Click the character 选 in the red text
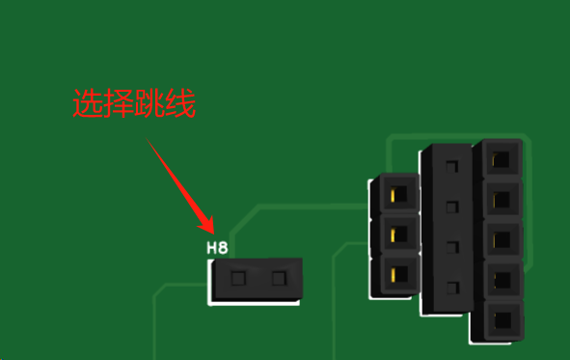click(x=87, y=103)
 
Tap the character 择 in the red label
click(x=118, y=103)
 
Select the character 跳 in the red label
click(x=149, y=103)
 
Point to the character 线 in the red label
click(x=180, y=103)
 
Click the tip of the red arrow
click(x=213, y=234)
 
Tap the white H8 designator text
click(x=217, y=248)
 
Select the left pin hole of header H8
click(x=238, y=279)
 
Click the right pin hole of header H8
click(x=279, y=279)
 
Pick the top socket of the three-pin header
click(x=399, y=195)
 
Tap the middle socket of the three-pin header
click(x=399, y=235)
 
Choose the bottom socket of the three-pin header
click(x=399, y=274)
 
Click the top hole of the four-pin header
click(x=452, y=167)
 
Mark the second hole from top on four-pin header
click(x=452, y=208)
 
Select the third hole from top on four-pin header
click(x=452, y=248)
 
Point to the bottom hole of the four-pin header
click(x=452, y=289)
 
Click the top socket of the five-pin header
click(x=502, y=159)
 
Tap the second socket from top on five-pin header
click(x=502, y=200)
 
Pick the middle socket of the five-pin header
click(x=502, y=240)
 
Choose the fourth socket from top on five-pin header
click(x=502, y=280)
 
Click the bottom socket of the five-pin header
click(x=502, y=320)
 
